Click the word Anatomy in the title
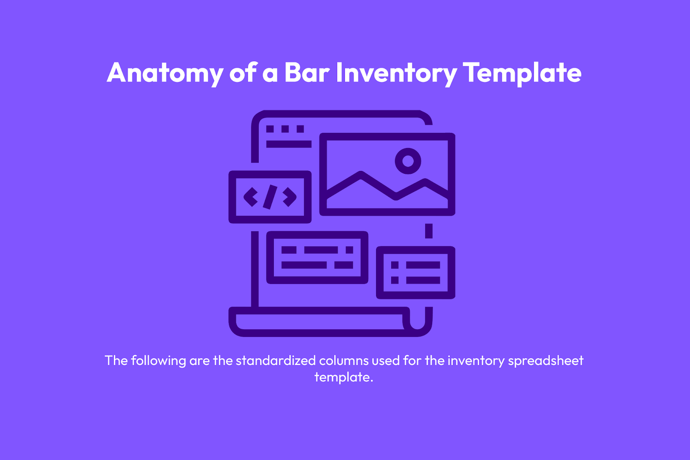[x=165, y=73]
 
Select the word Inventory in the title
[x=396, y=73]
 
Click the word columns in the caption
[x=344, y=360]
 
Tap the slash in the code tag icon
[x=270, y=197]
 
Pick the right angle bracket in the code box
[x=290, y=197]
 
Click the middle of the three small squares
[x=285, y=129]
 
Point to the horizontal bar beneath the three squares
[x=289, y=144]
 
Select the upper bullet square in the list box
[x=395, y=265]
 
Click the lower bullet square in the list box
[x=395, y=280]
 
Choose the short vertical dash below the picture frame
[x=429, y=231]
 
